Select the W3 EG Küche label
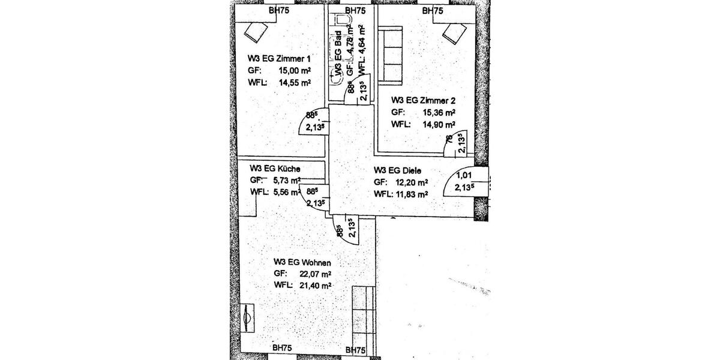click(275, 169)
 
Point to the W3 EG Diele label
click(398, 170)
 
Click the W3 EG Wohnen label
click(302, 262)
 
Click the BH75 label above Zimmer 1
click(280, 10)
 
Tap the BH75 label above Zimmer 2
click(433, 10)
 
